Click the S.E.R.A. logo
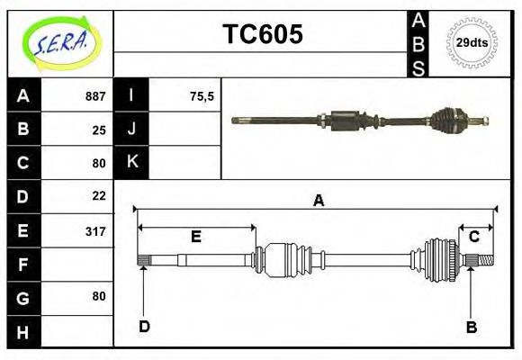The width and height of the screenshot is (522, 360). click(x=60, y=41)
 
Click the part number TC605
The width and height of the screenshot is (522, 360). click(x=262, y=34)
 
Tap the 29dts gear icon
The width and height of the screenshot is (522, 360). click(x=472, y=42)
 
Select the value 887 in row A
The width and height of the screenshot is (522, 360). click(x=95, y=96)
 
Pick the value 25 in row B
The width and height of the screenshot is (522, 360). click(x=99, y=130)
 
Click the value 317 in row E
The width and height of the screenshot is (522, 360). click(x=95, y=231)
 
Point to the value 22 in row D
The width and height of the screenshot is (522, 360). click(x=99, y=195)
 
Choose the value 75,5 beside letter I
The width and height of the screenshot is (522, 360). click(x=202, y=96)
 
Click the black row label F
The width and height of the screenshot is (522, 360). click(x=23, y=265)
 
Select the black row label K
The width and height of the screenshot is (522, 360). click(x=131, y=162)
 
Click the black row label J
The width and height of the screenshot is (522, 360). click(x=131, y=129)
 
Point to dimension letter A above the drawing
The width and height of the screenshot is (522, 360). click(x=318, y=201)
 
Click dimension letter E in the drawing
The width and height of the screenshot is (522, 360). click(x=195, y=237)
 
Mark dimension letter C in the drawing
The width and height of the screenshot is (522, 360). click(x=473, y=237)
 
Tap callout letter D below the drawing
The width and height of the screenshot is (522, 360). click(x=144, y=326)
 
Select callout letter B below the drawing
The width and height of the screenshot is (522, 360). click(x=471, y=327)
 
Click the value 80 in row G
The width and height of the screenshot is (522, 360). click(x=99, y=296)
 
